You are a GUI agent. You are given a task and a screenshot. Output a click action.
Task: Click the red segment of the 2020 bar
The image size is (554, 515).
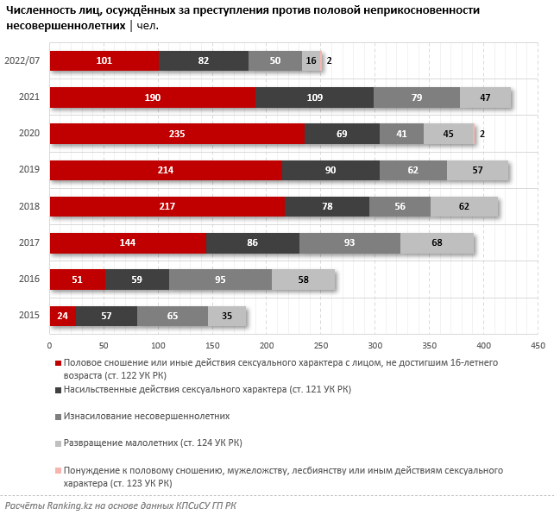[x=177, y=134]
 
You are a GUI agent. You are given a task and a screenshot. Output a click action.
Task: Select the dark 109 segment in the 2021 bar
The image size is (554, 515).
[x=314, y=97]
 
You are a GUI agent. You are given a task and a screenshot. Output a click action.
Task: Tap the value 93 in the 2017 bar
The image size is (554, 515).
[x=349, y=243]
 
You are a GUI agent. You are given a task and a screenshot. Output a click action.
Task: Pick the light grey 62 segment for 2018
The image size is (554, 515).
[x=463, y=207]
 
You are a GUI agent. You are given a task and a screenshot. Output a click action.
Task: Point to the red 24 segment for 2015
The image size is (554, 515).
[x=62, y=317]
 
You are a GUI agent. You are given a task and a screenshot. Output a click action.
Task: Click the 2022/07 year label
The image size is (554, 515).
[x=22, y=61]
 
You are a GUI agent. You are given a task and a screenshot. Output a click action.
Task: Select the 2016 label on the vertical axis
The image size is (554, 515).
[x=28, y=280]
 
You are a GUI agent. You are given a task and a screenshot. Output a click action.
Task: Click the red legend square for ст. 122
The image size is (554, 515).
[x=58, y=363]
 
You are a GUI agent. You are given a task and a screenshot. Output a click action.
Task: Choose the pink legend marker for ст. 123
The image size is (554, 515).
[x=58, y=471]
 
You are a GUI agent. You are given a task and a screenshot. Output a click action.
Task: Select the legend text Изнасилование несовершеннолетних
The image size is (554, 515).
[x=147, y=416]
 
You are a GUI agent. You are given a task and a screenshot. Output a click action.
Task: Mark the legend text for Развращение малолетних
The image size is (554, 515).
[x=153, y=443]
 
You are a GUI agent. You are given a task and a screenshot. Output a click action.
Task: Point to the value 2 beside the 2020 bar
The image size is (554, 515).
[x=482, y=134]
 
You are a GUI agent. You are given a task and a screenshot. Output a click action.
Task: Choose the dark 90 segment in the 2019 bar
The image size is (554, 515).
[x=331, y=171]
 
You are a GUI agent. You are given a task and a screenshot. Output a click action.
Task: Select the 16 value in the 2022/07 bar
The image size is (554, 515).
[x=311, y=61]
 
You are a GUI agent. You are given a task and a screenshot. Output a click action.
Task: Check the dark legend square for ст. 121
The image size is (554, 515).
[x=58, y=390]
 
